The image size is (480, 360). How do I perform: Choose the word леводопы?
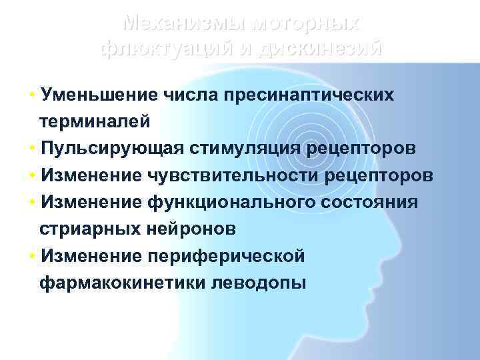coord(258,283)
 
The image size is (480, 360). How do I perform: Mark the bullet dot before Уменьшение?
coord(33,95)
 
